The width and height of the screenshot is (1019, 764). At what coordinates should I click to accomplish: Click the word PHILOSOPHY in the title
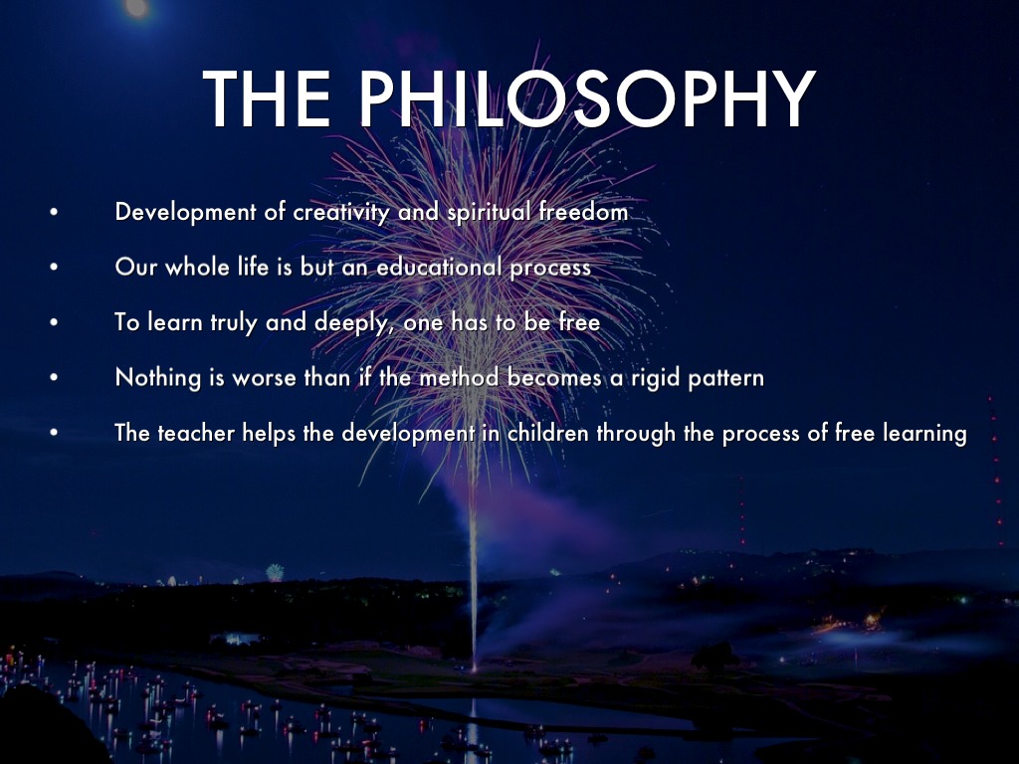587,98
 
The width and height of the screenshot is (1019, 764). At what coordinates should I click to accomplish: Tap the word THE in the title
267,98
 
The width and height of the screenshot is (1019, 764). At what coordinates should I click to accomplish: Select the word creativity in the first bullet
341,213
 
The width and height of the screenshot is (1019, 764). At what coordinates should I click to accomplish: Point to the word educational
439,267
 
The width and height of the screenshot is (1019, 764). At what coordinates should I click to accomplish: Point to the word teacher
196,433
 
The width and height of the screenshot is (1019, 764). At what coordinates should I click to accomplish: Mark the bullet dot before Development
54,212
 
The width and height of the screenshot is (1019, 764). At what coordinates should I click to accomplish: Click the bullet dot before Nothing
54,377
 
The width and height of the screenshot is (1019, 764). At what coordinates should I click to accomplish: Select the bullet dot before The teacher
54,433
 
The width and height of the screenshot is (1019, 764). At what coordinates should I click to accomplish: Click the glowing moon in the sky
136,7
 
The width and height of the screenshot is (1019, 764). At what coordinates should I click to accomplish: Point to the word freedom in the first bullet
583,212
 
